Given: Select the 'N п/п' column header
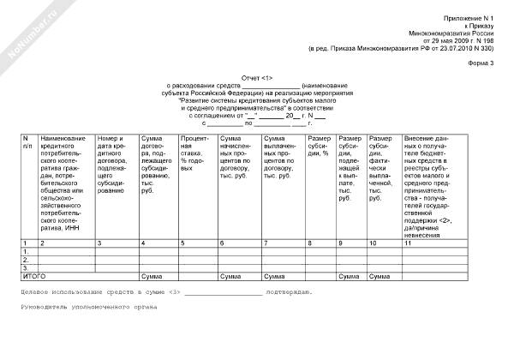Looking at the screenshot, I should (x=28, y=142).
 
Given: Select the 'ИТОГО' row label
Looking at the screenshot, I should (x=33, y=277).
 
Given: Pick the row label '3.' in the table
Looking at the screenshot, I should (x=27, y=268).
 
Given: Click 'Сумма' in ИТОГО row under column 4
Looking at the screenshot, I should (x=152, y=277).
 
